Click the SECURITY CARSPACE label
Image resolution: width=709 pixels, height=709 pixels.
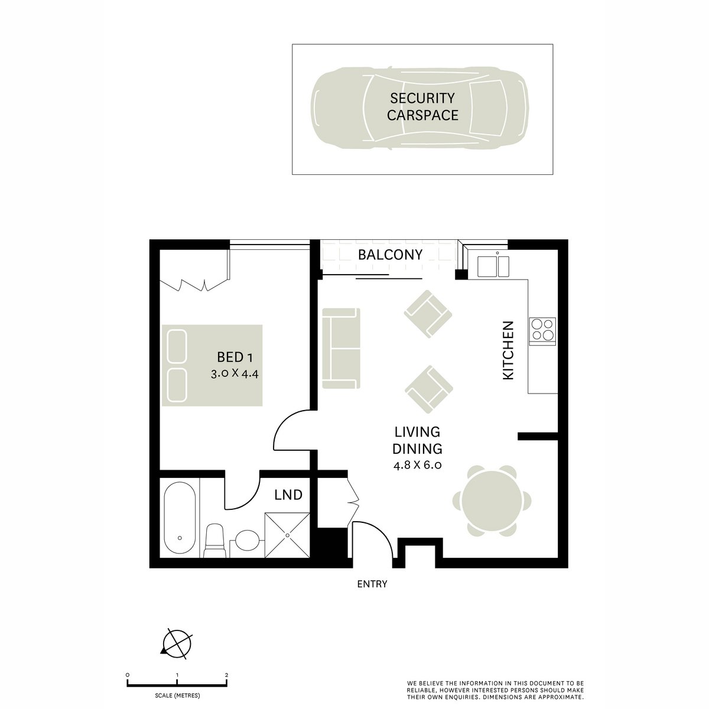click(x=422, y=107)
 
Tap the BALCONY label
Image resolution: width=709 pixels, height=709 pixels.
click(x=391, y=255)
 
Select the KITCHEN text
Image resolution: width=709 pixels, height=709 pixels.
click(x=508, y=350)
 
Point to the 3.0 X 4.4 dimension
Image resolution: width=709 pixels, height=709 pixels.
click(x=235, y=374)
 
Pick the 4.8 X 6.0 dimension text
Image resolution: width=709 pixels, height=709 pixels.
click(x=418, y=464)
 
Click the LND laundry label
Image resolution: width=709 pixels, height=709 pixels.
click(x=289, y=495)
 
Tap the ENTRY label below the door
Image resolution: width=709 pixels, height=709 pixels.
click(x=372, y=584)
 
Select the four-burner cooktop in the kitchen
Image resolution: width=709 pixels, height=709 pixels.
click(x=542, y=330)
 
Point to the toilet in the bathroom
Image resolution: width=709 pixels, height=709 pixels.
click(x=214, y=541)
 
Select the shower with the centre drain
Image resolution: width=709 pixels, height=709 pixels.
click(x=287, y=534)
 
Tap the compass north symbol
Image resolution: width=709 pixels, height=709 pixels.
click(x=177, y=642)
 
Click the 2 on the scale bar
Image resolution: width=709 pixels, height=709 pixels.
click(x=227, y=674)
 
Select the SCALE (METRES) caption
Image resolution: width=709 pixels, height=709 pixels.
click(x=177, y=695)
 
